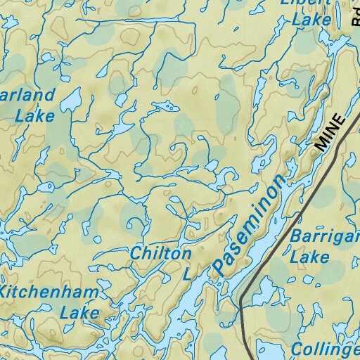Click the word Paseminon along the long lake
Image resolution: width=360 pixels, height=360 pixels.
tap(250, 224)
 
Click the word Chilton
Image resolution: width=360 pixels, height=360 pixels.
tap(161, 253)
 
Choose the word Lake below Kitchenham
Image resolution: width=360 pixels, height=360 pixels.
tap(79, 311)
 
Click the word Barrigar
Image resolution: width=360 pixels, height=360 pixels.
tap(324, 236)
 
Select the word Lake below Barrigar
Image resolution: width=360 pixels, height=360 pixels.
tap(309, 257)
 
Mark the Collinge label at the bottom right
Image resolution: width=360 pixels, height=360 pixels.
tap(325, 349)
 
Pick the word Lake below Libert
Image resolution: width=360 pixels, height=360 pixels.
tap(311, 20)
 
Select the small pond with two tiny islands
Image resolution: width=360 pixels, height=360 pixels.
tap(162, 107)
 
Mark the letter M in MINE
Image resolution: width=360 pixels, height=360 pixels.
tap(322, 144)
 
